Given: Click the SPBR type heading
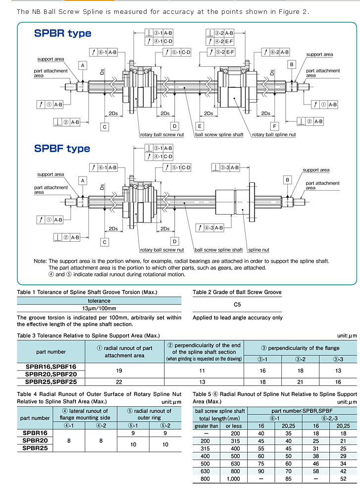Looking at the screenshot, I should pyautogui.click(x=63, y=33).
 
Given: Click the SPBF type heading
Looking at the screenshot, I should pyautogui.click(x=62, y=148).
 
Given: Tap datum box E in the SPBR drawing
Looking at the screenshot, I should pyautogui.click(x=200, y=126).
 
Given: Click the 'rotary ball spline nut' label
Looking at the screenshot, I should pyautogui.click(x=274, y=135).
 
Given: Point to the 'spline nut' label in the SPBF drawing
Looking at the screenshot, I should pyautogui.click(x=258, y=250).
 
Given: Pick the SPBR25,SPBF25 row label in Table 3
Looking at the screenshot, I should pyautogui.click(x=51, y=382).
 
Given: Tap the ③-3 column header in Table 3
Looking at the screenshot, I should pyautogui.click(x=337, y=359).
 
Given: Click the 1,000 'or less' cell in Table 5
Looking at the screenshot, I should pyautogui.click(x=233, y=479).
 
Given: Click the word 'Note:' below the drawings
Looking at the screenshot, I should pyautogui.click(x=40, y=261).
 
